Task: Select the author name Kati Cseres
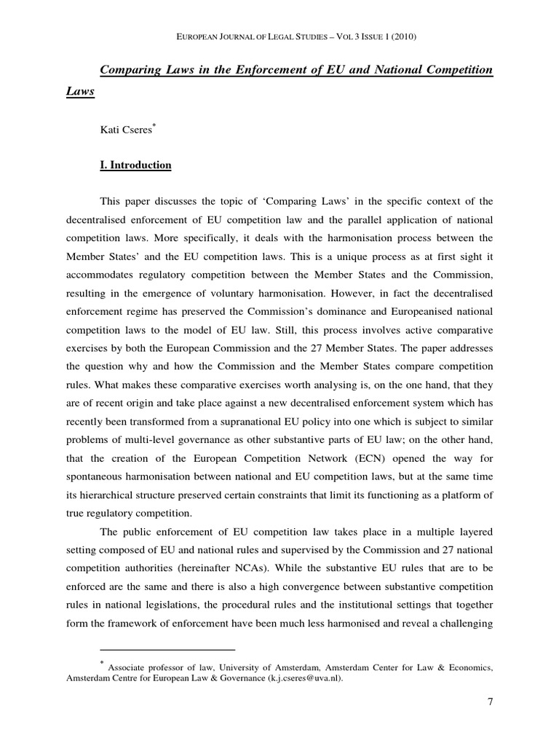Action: [127, 130]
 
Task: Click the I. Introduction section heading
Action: [135, 165]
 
